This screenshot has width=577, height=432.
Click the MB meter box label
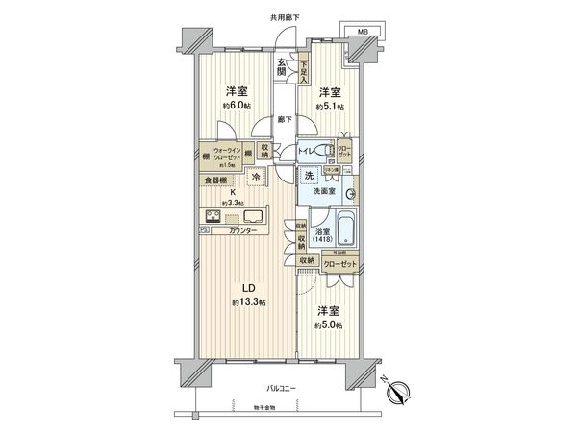click(x=363, y=32)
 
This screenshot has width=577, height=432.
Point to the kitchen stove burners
click(x=214, y=215)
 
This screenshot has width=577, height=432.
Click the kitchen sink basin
click(x=263, y=215)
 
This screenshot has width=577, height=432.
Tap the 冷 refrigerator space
click(x=256, y=177)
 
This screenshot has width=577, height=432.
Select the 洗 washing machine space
click(x=310, y=176)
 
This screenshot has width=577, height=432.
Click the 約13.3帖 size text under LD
click(x=249, y=302)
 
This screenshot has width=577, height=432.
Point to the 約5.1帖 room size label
click(x=331, y=107)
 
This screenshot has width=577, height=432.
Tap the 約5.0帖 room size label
click(x=329, y=325)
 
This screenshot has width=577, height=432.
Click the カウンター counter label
click(x=241, y=230)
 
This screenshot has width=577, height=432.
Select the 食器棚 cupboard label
click(x=216, y=180)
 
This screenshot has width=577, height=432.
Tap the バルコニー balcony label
click(x=281, y=388)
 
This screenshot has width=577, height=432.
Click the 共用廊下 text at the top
click(x=286, y=17)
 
